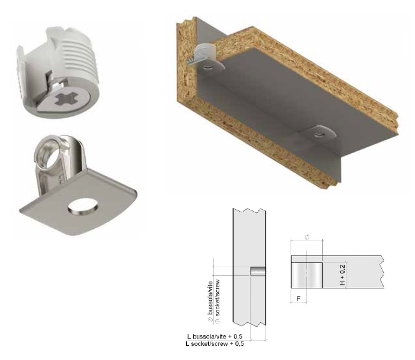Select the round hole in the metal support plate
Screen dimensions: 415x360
pos(83,206)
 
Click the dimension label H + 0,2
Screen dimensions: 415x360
pos(342,275)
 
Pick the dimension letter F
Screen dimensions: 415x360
pos(299,299)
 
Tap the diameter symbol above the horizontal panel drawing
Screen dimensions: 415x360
pos(307,237)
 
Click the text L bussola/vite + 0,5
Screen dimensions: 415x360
pos(215,336)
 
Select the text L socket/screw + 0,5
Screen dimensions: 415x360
pos(215,344)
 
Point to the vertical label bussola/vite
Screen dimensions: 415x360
pos(210,298)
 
